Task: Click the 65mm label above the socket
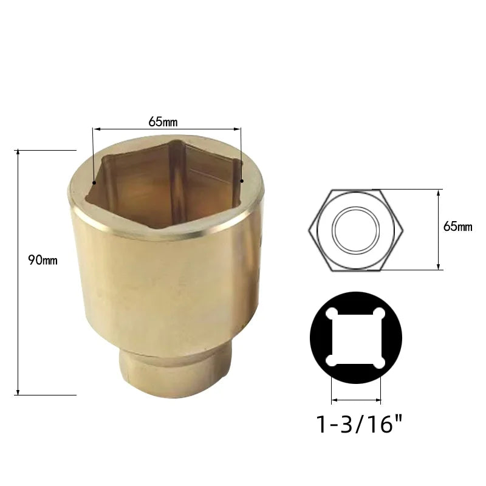(163, 122)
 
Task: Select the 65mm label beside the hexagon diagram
(457, 227)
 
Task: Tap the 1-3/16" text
(358, 423)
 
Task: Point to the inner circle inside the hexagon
(356, 230)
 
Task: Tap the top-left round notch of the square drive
(331, 313)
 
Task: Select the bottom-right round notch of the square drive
(381, 361)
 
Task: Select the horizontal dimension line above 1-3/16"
(356, 400)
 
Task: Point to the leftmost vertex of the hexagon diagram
(309, 230)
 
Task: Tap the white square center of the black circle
(356, 337)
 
